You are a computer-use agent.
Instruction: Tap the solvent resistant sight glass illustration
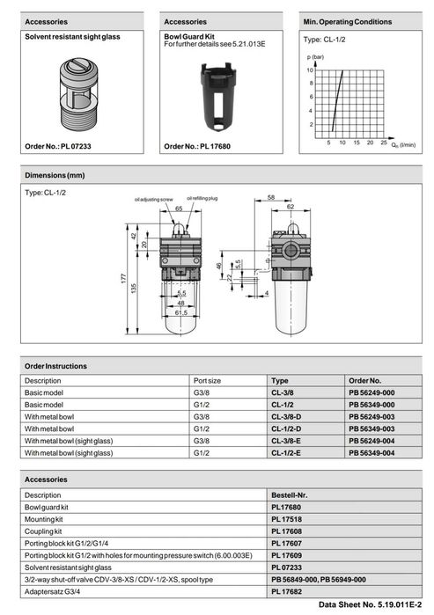[79, 94]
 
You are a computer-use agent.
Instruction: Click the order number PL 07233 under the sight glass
[58, 146]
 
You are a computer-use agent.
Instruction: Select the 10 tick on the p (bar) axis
[310, 70]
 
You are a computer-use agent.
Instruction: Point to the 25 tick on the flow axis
[383, 143]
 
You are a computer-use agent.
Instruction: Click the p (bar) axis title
[315, 57]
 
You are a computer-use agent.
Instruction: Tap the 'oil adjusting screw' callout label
[153, 200]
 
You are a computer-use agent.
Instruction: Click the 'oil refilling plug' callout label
[202, 199]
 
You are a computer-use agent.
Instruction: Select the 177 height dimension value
[124, 279]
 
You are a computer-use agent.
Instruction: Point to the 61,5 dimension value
[181, 312]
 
